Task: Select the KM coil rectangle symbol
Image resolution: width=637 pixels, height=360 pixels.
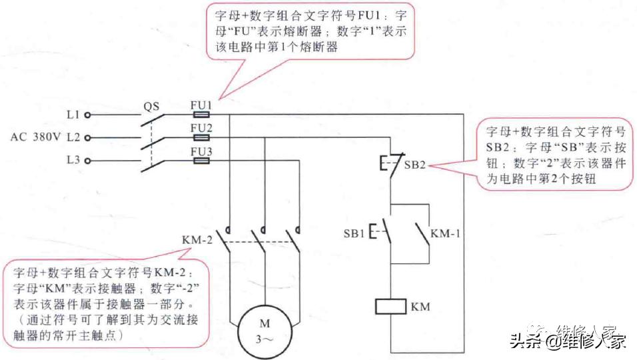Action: coord(390,307)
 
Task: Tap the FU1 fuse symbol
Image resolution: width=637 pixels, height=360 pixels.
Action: coord(201,115)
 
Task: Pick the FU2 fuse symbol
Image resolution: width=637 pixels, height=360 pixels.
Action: coord(201,137)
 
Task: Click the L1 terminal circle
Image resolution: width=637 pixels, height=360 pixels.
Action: coord(87,115)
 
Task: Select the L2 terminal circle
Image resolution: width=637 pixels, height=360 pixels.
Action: coord(87,138)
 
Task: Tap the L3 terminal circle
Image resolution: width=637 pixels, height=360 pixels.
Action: coord(87,161)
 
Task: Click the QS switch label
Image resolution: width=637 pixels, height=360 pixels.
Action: coord(152,106)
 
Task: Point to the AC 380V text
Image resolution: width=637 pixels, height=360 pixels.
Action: coord(35,138)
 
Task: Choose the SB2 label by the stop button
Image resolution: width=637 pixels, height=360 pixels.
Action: coord(414,165)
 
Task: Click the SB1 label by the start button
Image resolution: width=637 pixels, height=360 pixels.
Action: coord(354,233)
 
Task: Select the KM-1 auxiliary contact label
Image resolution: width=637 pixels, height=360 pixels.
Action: coord(445,233)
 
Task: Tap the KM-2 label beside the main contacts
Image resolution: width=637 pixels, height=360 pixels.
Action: coord(197,239)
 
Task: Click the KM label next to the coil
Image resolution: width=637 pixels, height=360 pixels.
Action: coord(420,307)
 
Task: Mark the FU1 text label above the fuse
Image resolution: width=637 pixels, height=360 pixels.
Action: coord(201,105)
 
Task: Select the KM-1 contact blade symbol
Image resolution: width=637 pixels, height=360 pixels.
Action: coord(421,233)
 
